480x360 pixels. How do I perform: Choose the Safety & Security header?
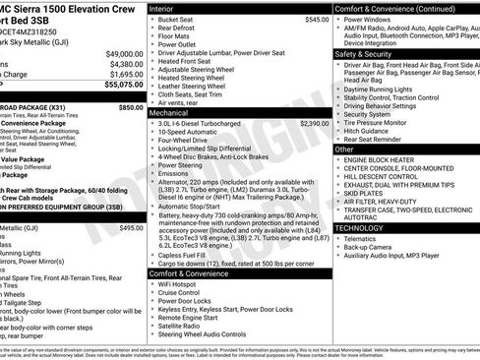click(368, 54)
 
